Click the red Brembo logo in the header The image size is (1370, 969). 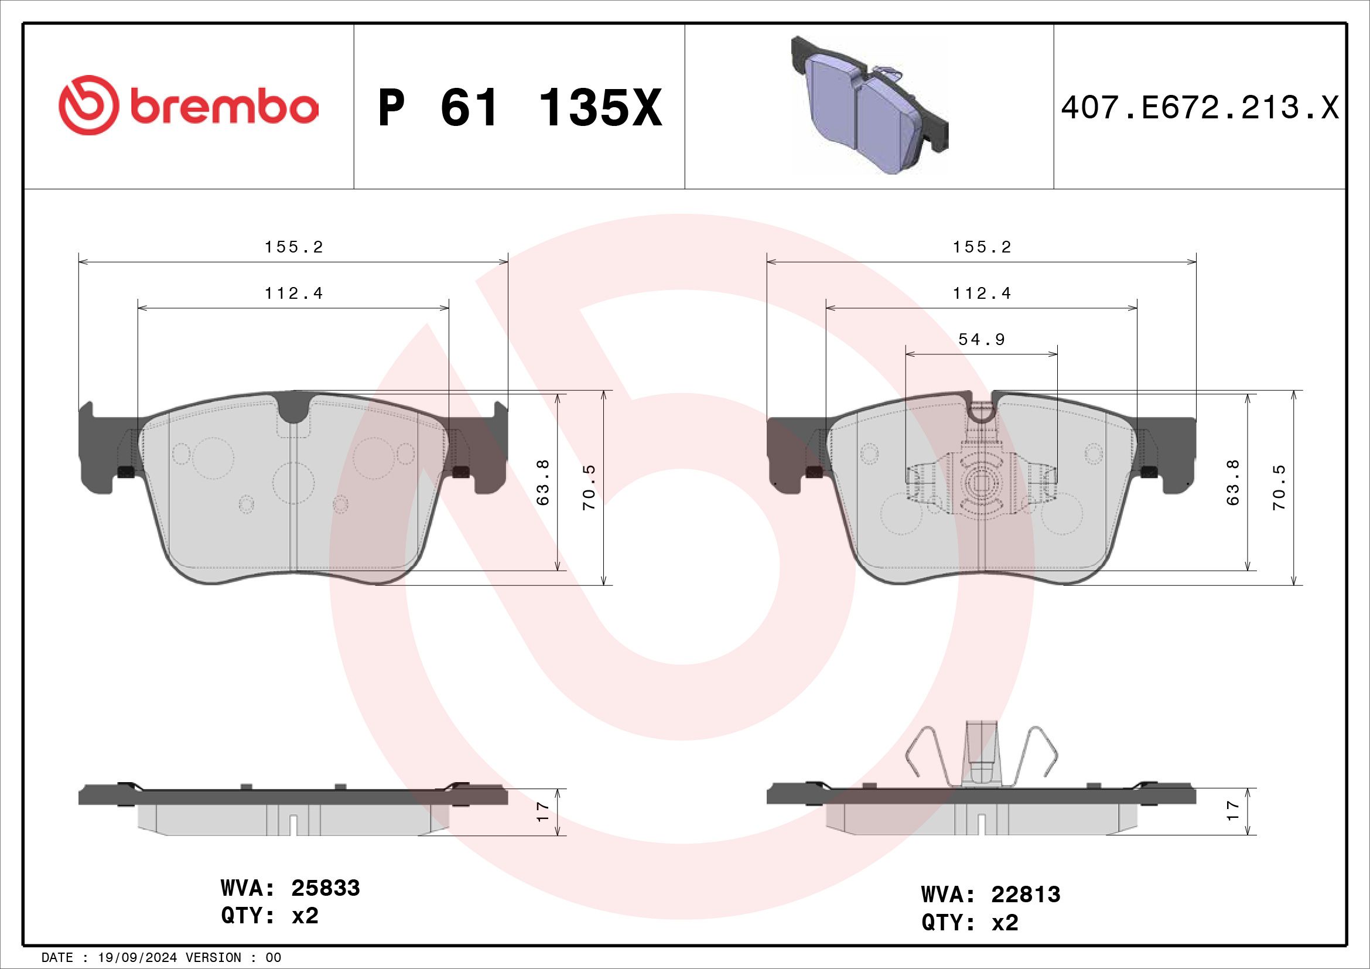click(189, 105)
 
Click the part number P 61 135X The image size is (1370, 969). click(520, 108)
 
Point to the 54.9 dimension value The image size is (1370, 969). click(982, 340)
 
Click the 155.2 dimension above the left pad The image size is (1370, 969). click(294, 247)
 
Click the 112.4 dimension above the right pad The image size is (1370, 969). click(982, 294)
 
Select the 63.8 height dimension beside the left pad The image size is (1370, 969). click(543, 482)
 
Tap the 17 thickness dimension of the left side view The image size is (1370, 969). click(542, 811)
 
